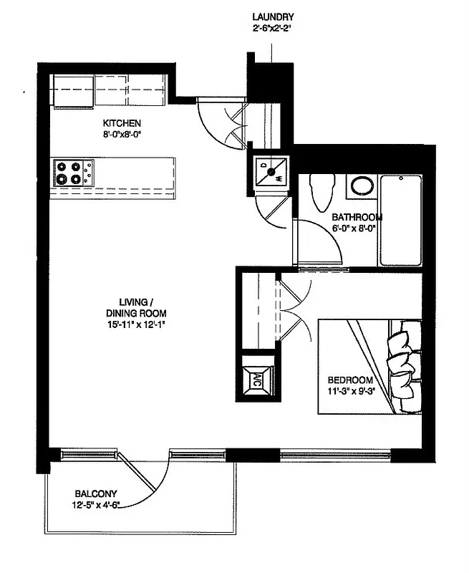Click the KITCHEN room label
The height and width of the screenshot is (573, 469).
tap(121, 122)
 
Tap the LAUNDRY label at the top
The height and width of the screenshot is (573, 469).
tap(273, 17)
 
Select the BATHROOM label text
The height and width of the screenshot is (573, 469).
tap(357, 217)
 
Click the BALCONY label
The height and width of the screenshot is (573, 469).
tap(96, 493)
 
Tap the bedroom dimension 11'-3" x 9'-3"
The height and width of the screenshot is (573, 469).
tap(351, 391)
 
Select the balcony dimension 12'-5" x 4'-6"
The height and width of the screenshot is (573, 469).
tap(100, 505)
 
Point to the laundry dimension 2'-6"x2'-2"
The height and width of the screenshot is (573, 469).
tap(273, 29)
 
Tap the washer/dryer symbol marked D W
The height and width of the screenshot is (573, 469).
tap(271, 172)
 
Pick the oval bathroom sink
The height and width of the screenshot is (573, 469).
tap(361, 188)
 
